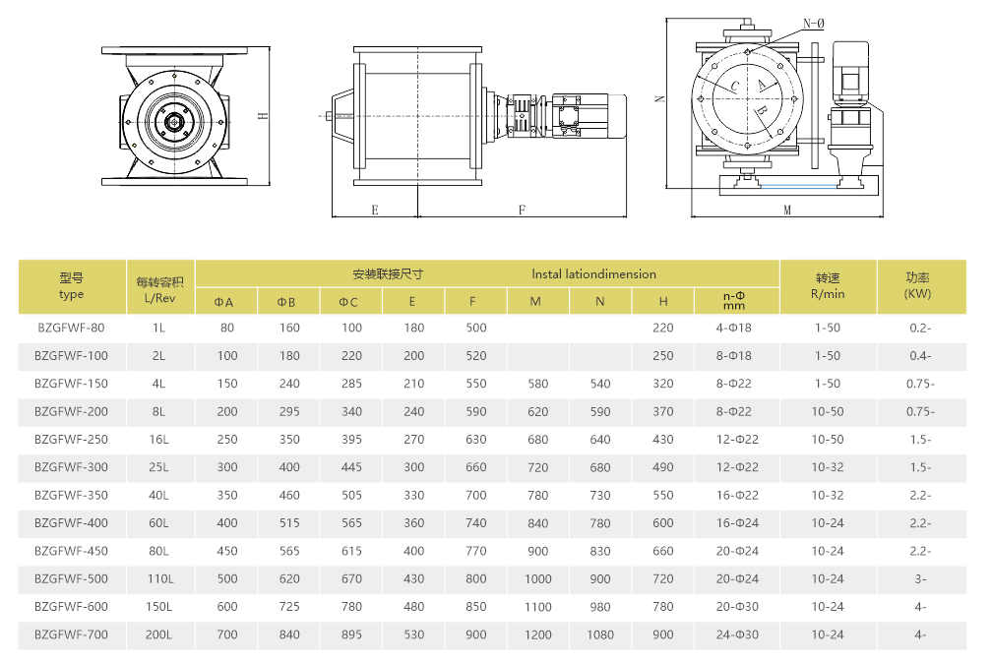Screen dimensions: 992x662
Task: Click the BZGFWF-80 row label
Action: pyautogui.click(x=71, y=328)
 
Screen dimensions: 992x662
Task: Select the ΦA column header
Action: pyautogui.click(x=224, y=302)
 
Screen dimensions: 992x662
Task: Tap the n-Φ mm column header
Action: pyautogui.click(x=734, y=300)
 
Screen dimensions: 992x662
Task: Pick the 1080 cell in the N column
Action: pyautogui.click(x=599, y=634)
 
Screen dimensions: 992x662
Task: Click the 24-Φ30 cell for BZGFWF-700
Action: pyautogui.click(x=737, y=634)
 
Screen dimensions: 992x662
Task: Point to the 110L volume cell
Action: pyautogui.click(x=159, y=578)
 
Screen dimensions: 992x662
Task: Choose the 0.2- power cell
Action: pyautogui.click(x=920, y=328)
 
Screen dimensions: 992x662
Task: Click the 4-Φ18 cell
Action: pyautogui.click(x=734, y=328)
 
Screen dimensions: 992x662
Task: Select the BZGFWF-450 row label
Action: pyautogui.click(x=71, y=551)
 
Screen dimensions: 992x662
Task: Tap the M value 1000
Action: pyautogui.click(x=537, y=578)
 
